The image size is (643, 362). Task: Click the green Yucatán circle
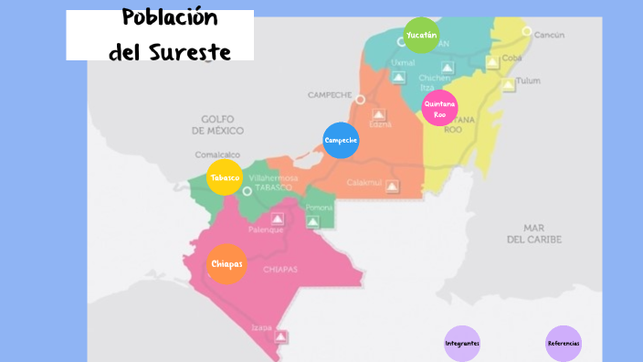point(421,35)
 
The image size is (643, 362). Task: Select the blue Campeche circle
point(341,140)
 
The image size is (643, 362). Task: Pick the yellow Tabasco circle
point(225,177)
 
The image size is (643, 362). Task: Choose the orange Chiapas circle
point(227,264)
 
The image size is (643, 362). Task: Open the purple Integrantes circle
point(462,343)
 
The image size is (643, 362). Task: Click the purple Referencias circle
point(564,343)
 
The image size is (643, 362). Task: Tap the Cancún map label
point(549,35)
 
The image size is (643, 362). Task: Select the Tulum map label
point(529,80)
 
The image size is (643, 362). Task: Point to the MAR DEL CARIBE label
point(534,232)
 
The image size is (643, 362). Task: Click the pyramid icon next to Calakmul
point(393,186)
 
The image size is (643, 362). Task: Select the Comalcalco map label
point(216,154)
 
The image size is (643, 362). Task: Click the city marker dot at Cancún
point(526,31)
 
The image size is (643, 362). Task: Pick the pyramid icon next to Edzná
point(379,116)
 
